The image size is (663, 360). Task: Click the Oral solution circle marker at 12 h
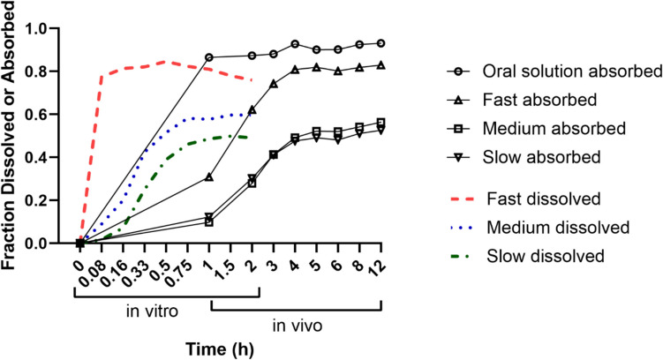pos(381,43)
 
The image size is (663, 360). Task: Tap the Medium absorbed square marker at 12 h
pos(381,123)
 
